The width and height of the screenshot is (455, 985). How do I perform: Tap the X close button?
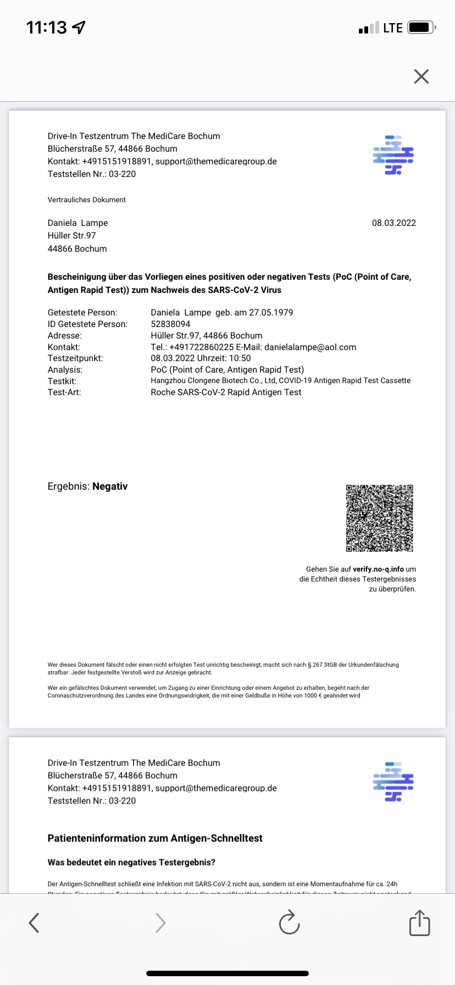click(421, 76)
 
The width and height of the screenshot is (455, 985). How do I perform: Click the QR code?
click(379, 518)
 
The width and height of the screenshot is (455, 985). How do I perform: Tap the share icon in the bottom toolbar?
click(419, 923)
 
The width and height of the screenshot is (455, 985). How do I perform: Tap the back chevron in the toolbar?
click(34, 923)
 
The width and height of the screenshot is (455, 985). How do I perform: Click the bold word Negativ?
click(110, 486)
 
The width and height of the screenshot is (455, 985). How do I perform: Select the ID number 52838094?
click(170, 324)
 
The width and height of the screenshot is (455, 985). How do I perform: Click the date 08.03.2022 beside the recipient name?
click(393, 223)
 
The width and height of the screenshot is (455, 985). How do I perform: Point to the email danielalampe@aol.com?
click(310, 347)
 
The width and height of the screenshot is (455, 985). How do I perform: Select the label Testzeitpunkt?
click(75, 358)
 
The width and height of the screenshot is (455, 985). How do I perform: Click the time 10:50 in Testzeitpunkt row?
click(240, 358)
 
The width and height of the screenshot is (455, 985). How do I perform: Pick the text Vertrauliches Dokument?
click(87, 200)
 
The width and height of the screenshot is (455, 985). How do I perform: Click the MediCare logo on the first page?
click(393, 155)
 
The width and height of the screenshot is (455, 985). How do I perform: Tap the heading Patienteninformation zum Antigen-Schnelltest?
click(155, 838)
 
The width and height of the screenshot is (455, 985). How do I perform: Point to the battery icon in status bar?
click(421, 27)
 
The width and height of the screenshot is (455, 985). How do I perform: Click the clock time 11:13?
click(47, 27)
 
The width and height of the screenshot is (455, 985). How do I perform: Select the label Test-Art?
click(64, 392)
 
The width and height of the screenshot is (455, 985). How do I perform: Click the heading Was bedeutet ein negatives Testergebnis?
click(131, 862)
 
